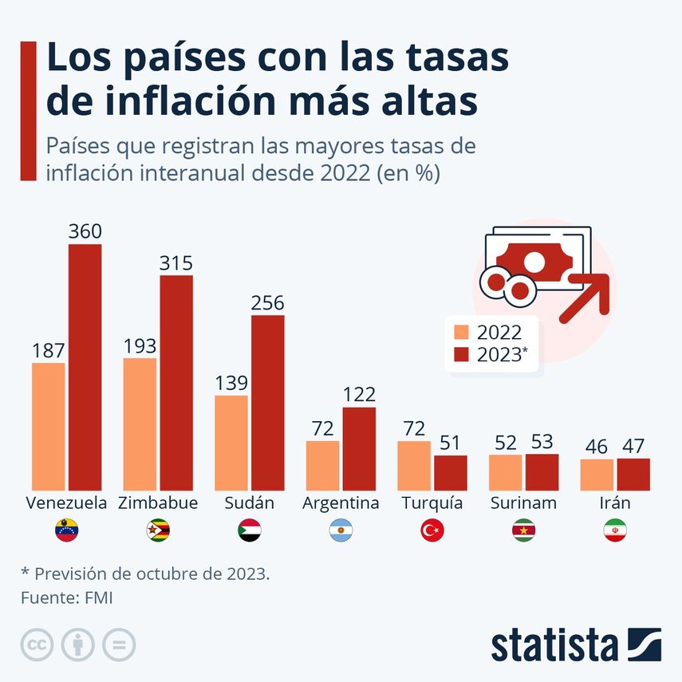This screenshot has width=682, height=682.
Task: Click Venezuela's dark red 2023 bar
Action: coord(85,367)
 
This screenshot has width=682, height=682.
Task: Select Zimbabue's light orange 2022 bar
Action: coord(140,424)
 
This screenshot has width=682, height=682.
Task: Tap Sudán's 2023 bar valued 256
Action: coord(267,402)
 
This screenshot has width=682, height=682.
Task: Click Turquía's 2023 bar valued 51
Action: coord(450,472)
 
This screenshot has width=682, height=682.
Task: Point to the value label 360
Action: coord(85,232)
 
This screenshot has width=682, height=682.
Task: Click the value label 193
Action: coord(140,346)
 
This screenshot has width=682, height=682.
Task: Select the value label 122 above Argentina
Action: coord(359,395)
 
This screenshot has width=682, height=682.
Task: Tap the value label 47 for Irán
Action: coord(633,446)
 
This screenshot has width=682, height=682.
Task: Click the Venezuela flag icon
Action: coord(66,530)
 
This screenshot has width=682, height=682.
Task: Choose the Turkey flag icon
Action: coord(432,530)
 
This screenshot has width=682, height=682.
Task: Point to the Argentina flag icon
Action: coord(341,530)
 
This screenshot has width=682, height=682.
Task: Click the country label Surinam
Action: coord(523,503)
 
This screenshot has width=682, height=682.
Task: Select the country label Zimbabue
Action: coord(158,503)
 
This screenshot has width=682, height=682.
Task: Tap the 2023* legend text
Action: coord(502,355)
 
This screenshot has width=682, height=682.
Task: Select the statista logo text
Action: coord(554,645)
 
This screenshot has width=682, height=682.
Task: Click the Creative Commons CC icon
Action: coord(36,645)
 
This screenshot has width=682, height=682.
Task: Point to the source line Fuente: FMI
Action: coord(66,597)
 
